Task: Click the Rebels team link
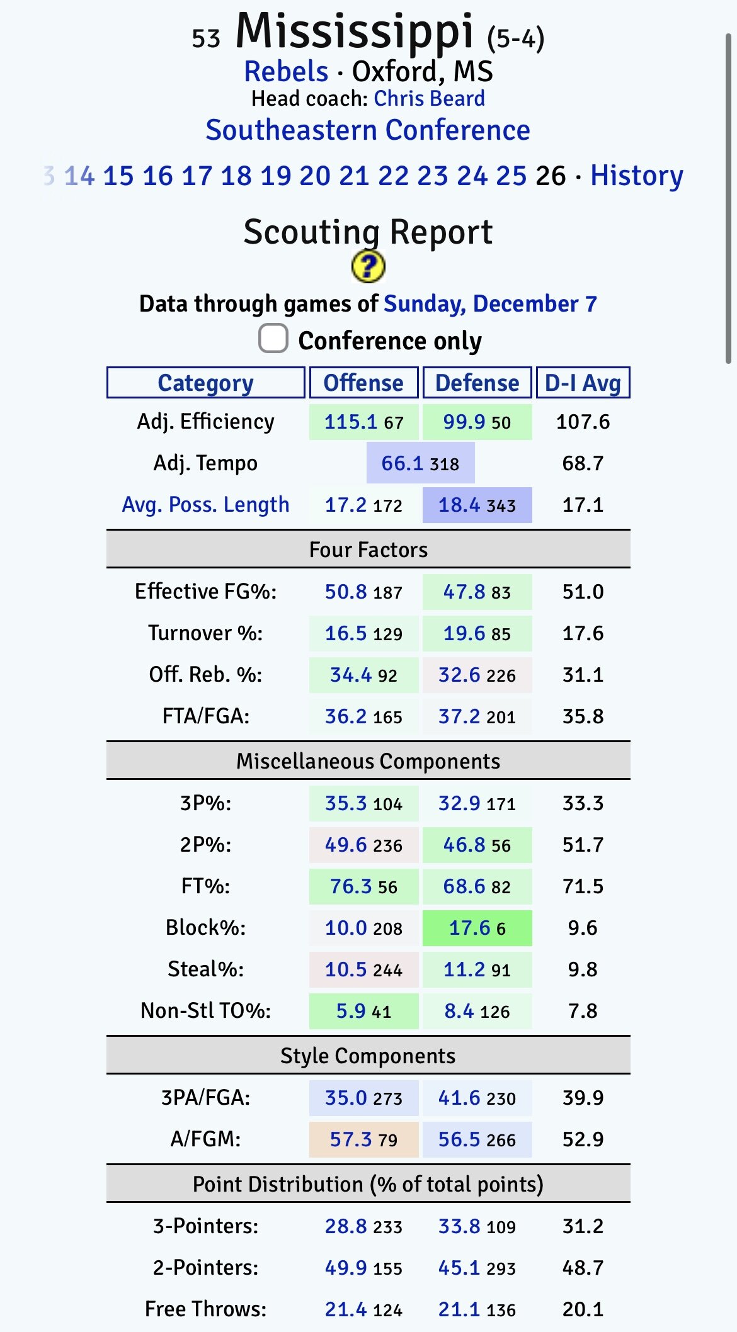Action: (x=286, y=72)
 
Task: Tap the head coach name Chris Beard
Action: (x=429, y=99)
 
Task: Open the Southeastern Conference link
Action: (x=368, y=130)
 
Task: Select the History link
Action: (x=636, y=176)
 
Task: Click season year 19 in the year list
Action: (x=275, y=176)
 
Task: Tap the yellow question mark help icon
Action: (x=368, y=266)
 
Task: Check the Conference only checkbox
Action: (x=273, y=339)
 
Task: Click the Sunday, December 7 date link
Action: (x=490, y=304)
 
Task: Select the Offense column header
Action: (x=363, y=383)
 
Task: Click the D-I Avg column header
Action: (x=583, y=383)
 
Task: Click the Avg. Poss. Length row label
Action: (x=205, y=505)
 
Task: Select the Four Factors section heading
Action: (x=368, y=550)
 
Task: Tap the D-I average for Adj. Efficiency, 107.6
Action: (x=583, y=422)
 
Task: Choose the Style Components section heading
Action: (x=368, y=1056)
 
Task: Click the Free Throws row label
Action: (x=205, y=1309)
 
